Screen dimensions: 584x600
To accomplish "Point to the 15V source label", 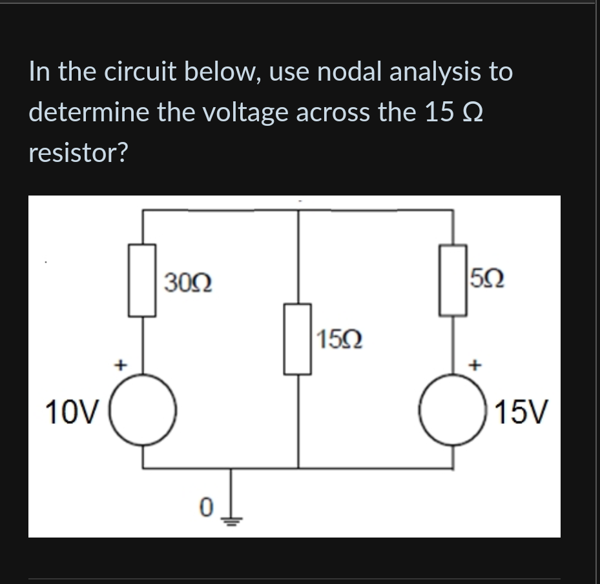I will tap(522, 410).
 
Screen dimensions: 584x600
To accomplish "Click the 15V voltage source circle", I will tap(452, 410).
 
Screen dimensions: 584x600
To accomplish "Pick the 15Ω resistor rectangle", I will tap(298, 339).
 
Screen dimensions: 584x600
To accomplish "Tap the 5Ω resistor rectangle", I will tap(453, 280).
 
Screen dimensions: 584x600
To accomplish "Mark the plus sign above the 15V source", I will tap(477, 365).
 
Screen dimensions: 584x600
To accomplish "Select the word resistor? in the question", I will tap(79, 153).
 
